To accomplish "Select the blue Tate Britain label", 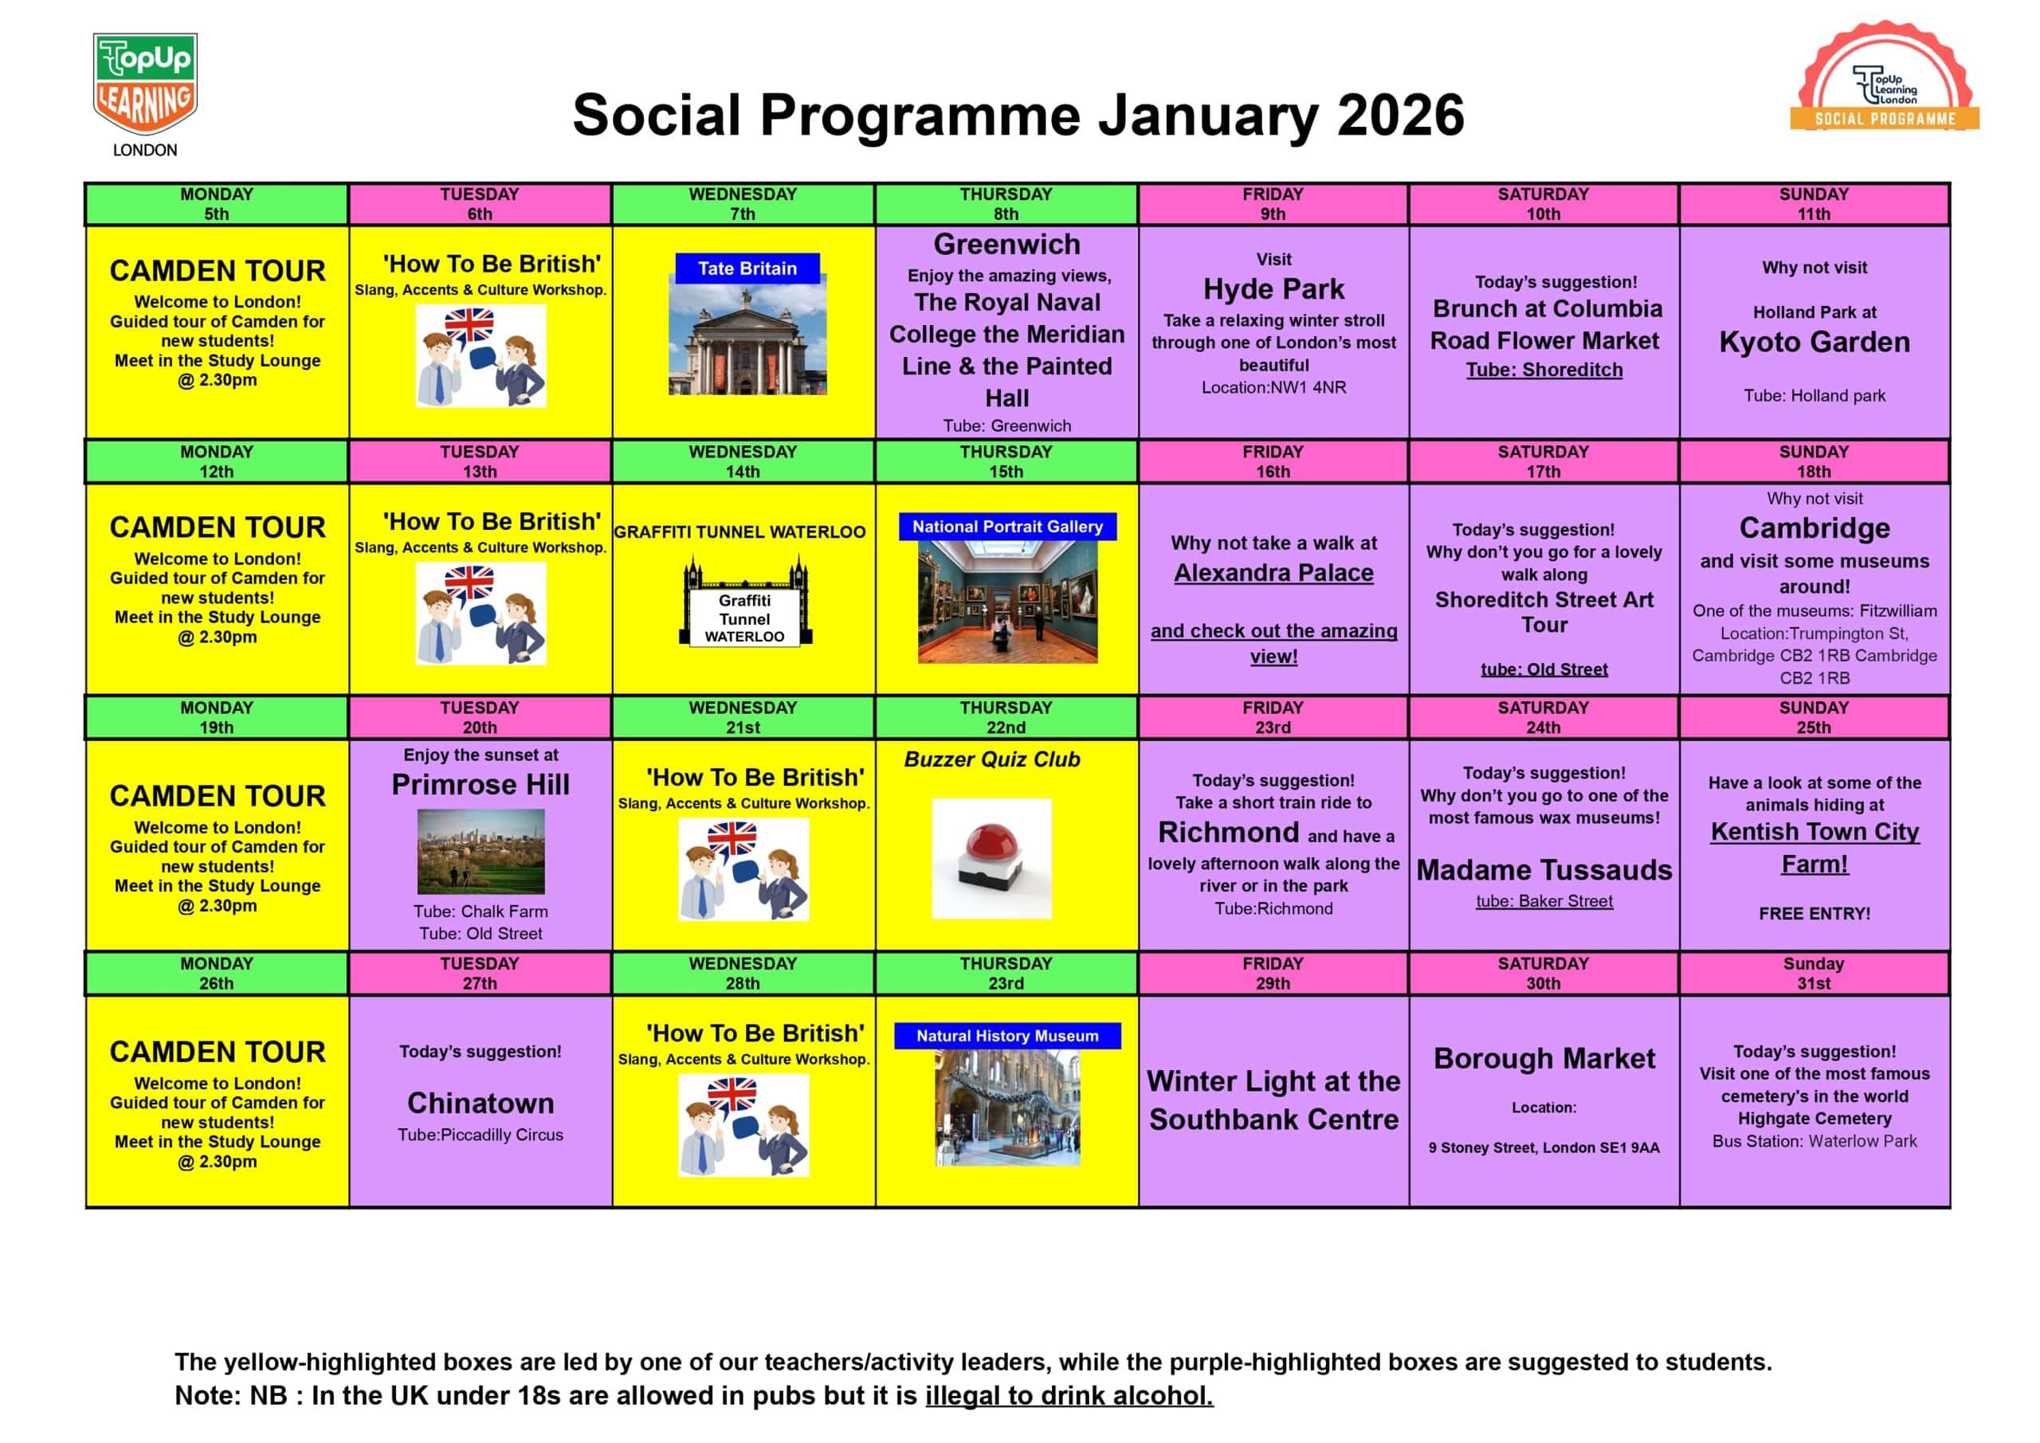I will click(747, 269).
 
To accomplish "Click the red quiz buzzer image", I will click(991, 858).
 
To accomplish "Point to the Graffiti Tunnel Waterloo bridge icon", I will click(744, 602).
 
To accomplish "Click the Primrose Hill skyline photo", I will click(481, 851).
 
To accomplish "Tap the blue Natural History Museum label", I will click(1006, 1036).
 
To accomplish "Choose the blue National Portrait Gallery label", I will click(1006, 527).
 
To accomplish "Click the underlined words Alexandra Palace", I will click(1273, 573).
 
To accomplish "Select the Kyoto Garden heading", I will click(1814, 342).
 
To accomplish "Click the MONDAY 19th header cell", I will click(216, 717).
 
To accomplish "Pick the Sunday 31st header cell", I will click(1814, 973).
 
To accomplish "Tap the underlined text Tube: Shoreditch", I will click(1544, 370).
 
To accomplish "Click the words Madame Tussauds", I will click(1544, 870).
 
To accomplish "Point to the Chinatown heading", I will click(481, 1103).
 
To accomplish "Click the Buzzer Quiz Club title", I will click(991, 759).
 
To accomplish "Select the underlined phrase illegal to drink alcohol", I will click(1069, 1396).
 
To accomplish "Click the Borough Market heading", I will click(1544, 1058).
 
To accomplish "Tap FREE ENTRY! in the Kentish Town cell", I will click(1814, 913).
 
